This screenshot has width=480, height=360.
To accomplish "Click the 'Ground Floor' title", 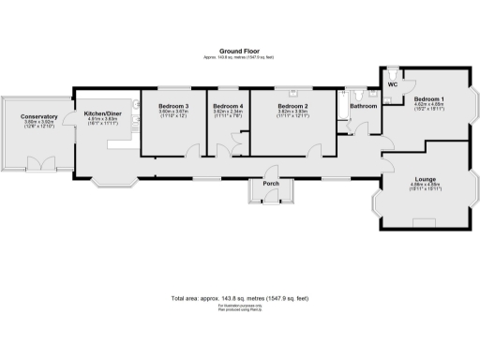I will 240,52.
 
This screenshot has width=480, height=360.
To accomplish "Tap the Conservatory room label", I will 39,116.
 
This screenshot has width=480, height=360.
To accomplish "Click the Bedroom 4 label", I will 229,106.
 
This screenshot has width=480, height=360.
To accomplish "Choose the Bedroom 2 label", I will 292,106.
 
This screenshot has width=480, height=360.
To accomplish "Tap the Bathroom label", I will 364,106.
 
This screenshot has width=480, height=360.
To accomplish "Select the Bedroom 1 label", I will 429,98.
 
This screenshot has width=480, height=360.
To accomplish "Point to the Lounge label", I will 427,179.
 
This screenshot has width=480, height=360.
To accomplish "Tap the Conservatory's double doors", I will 40,163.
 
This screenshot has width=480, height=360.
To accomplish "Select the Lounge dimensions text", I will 427,187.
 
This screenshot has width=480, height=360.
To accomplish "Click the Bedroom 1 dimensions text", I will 429,107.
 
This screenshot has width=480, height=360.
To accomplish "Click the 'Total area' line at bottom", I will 240,297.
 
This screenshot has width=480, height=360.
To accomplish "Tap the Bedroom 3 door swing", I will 192,151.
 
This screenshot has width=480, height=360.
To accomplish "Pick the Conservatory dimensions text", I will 39,124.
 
